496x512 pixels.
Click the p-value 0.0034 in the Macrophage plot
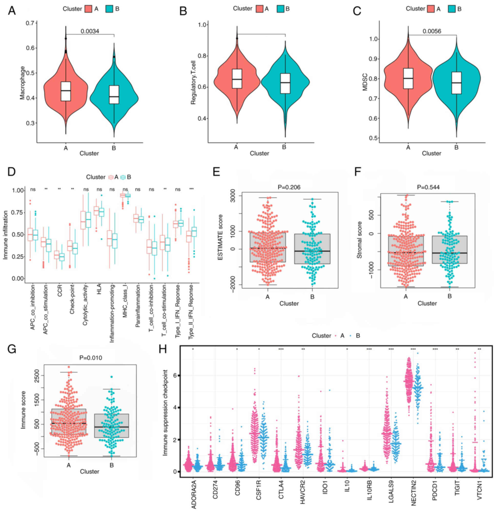click(x=90, y=31)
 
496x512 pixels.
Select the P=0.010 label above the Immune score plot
click(x=91, y=358)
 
